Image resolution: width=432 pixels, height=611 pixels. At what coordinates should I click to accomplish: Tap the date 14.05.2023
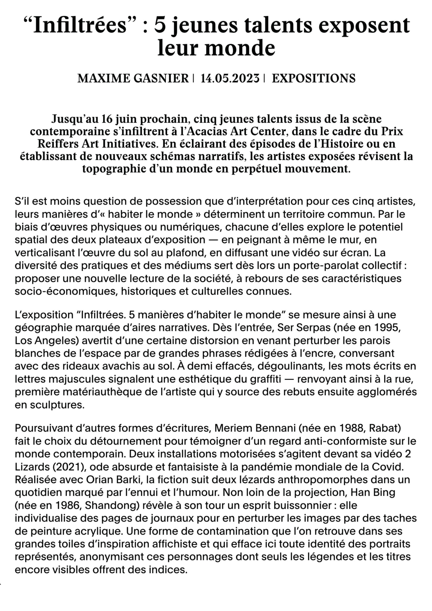click(x=230, y=78)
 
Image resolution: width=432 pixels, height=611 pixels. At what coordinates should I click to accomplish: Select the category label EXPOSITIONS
click(x=313, y=78)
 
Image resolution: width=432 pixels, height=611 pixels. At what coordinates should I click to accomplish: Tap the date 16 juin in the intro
click(x=119, y=119)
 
